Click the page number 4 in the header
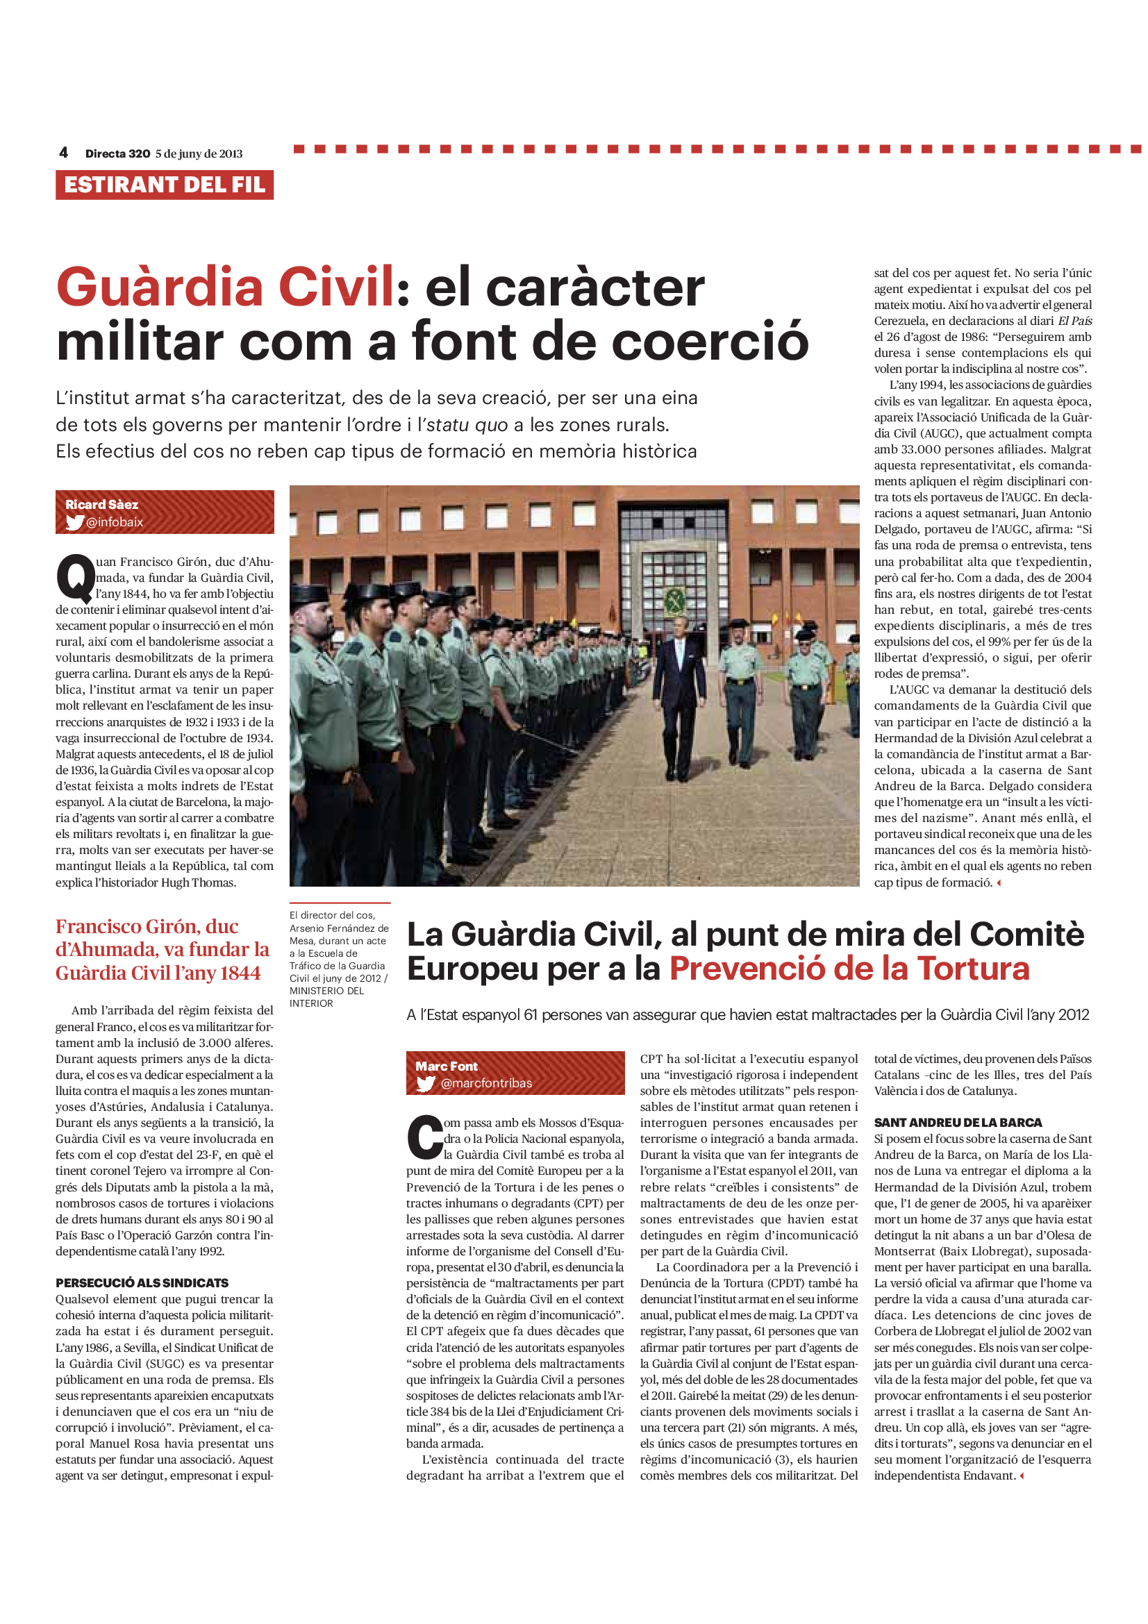(x=64, y=153)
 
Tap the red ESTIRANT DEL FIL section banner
(x=165, y=185)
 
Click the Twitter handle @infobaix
(x=115, y=522)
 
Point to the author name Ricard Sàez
(x=102, y=504)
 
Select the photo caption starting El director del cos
(x=339, y=959)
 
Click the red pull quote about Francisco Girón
(x=162, y=949)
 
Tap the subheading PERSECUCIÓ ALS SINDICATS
(x=142, y=1282)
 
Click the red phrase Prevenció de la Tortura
(x=849, y=969)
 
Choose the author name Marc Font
(x=447, y=1066)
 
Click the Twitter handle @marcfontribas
(x=486, y=1083)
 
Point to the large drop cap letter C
(x=424, y=1139)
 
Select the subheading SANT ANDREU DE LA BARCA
(x=958, y=1123)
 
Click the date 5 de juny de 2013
(x=199, y=153)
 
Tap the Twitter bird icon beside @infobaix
(x=74, y=523)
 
